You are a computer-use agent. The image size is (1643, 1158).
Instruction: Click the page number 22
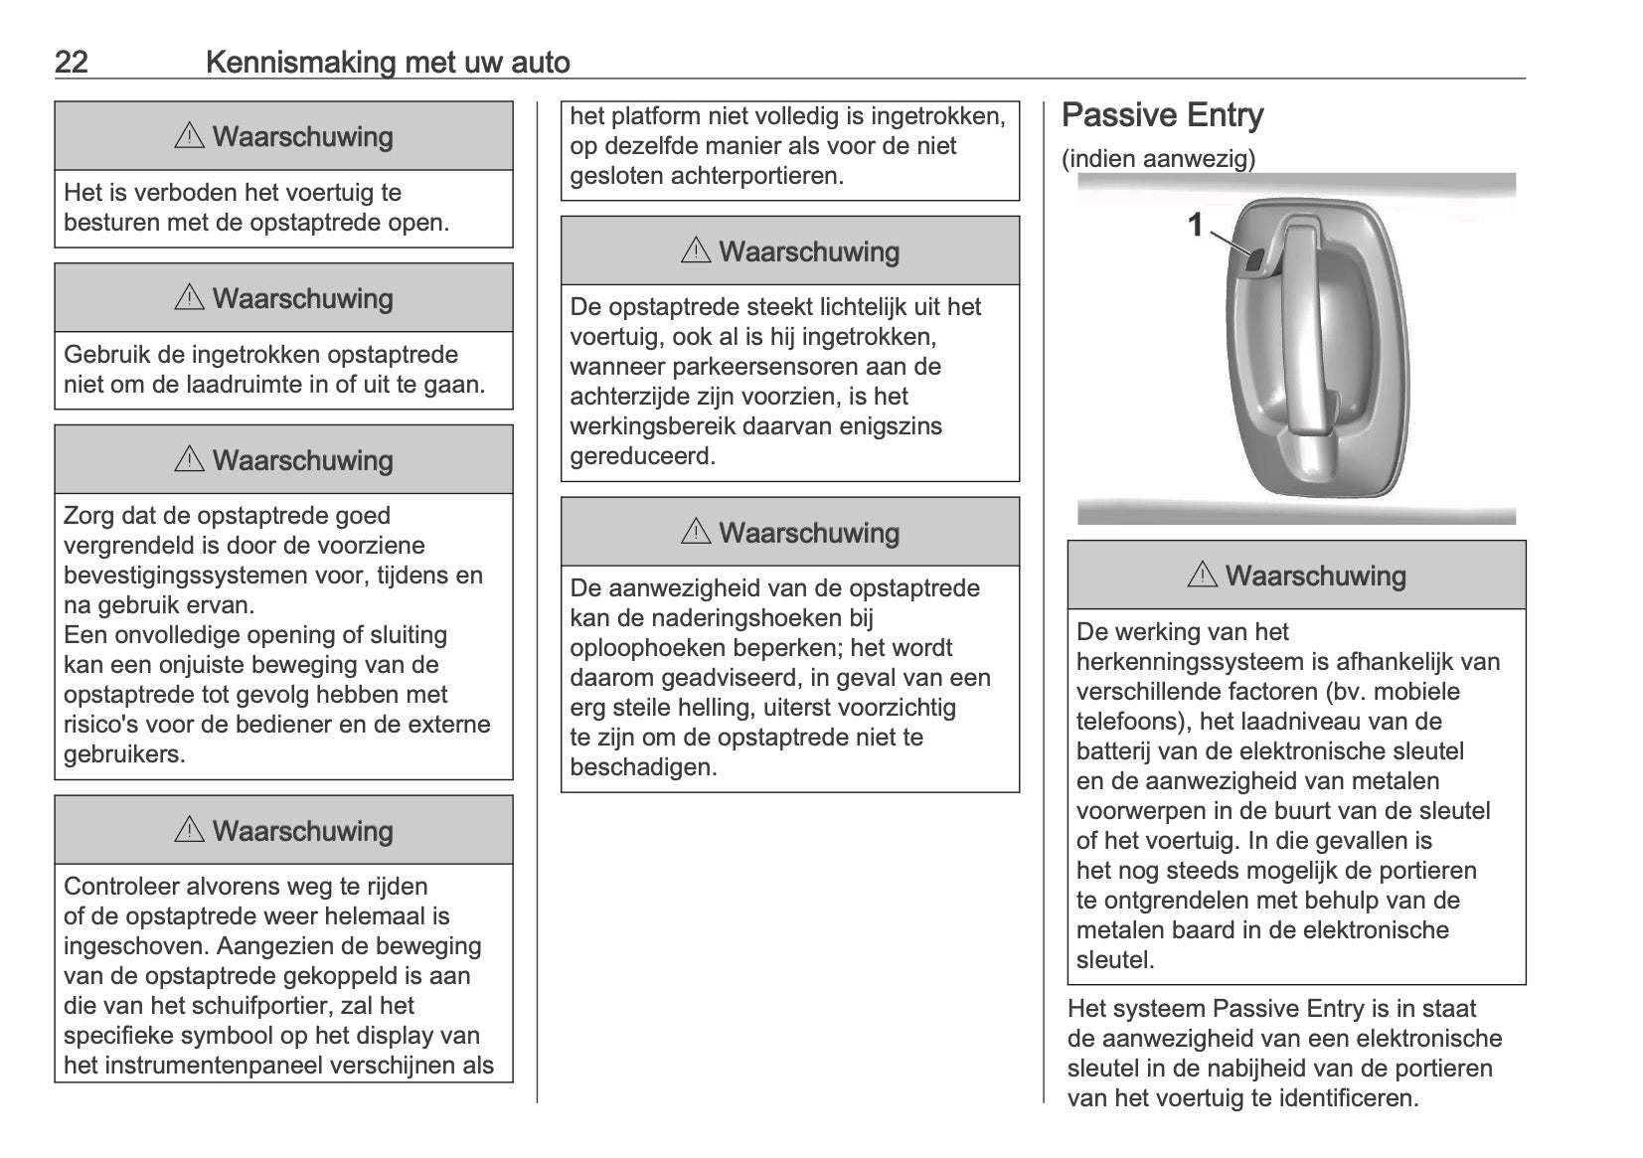pyautogui.click(x=71, y=63)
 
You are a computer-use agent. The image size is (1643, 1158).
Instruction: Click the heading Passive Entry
pyautogui.click(x=1162, y=115)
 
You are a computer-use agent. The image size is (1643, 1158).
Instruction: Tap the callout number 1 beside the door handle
pyautogui.click(x=1196, y=226)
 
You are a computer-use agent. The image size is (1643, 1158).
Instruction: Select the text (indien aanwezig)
pyautogui.click(x=1158, y=159)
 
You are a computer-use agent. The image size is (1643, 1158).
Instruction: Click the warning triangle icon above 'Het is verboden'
pyautogui.click(x=189, y=137)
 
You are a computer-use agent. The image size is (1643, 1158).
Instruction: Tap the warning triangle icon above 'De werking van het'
pyautogui.click(x=1202, y=576)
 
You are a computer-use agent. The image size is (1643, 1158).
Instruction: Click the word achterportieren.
pyautogui.click(x=756, y=176)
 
